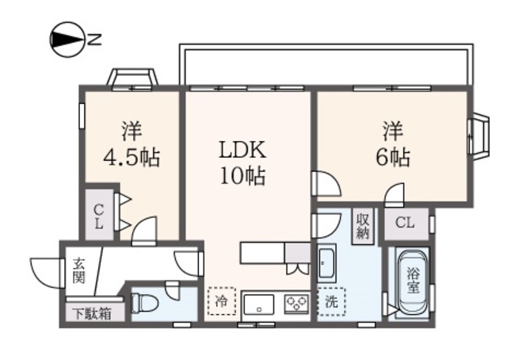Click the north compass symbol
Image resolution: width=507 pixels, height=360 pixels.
tap(67, 38)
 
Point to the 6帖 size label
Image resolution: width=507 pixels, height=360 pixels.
tap(392, 156)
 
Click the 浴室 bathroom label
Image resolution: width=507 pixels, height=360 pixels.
tap(414, 281)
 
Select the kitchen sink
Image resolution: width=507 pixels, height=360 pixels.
tap(258, 304)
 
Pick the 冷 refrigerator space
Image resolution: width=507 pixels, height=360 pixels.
tap(221, 301)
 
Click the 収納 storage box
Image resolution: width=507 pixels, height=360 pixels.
tap(362, 226)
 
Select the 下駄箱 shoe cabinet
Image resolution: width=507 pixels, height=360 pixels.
tap(94, 312)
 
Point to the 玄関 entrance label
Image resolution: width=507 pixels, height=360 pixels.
tap(79, 270)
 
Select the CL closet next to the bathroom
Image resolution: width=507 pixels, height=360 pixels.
tap(405, 223)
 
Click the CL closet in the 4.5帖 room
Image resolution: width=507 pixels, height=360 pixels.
tap(99, 214)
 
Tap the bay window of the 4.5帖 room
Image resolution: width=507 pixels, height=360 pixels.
tap(132, 79)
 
